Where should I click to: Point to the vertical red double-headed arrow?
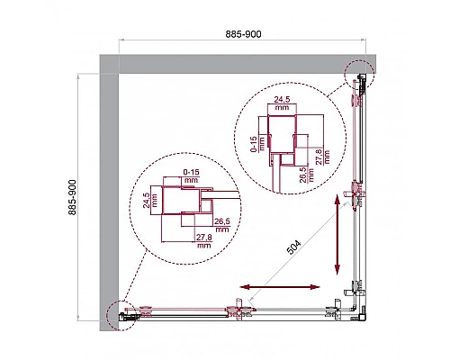[337, 237]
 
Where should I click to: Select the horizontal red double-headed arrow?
[281, 287]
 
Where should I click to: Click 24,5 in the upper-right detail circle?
[283, 103]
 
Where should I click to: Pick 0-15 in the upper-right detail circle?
[255, 144]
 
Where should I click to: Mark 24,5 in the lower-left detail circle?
[148, 201]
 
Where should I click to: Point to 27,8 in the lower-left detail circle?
[205, 239]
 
